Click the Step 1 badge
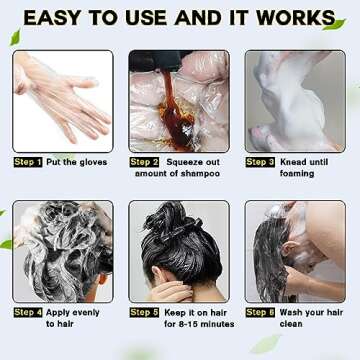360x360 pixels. pyautogui.click(x=28, y=162)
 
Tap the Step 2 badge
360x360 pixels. pyautogui.click(x=144, y=162)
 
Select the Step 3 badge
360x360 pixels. pyautogui.click(x=260, y=162)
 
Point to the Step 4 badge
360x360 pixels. pyautogui.click(x=28, y=313)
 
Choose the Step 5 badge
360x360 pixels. pyautogui.click(x=144, y=313)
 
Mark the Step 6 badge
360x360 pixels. pyautogui.click(x=260, y=313)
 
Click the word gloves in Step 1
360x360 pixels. pyautogui.click(x=93, y=163)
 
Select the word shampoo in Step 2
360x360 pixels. pyautogui.click(x=200, y=174)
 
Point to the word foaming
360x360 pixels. pyautogui.click(x=297, y=174)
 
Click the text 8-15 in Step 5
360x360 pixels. pyautogui.click(x=189, y=324)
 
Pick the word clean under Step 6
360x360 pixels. pyautogui.click(x=291, y=324)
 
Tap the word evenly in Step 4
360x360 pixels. pyautogui.click(x=85, y=313)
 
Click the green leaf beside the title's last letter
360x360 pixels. pyautogui.click(x=334, y=25)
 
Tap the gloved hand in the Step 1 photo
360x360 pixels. pyautogui.click(x=63, y=97)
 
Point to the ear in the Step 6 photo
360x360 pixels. pyautogui.click(x=287, y=249)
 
